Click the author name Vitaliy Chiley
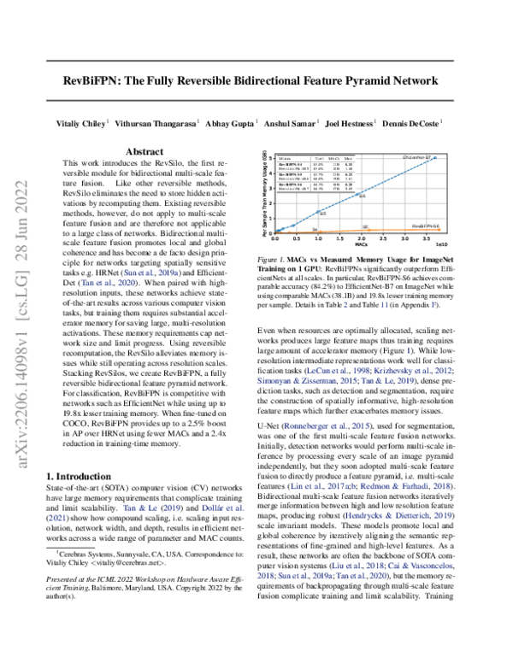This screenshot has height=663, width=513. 83,123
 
